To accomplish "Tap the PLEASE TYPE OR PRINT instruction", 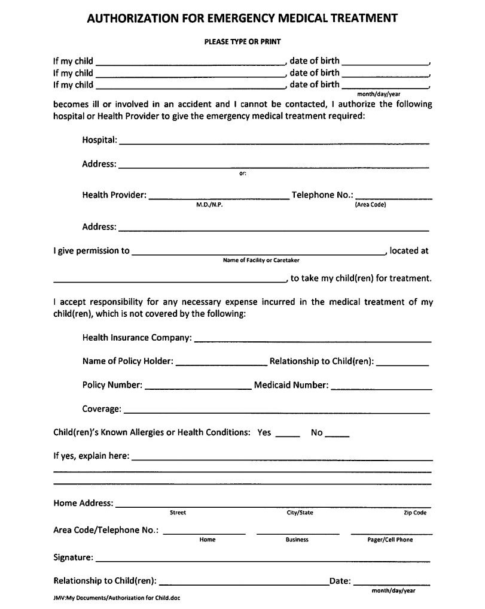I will click(x=242, y=42).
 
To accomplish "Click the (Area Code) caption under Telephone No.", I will click(x=370, y=205).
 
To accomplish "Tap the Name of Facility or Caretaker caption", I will click(x=261, y=260).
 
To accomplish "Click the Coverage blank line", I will click(x=276, y=411).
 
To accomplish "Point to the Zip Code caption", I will click(x=415, y=513).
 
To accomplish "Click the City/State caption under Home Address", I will click(x=300, y=513).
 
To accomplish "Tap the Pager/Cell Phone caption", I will click(x=390, y=540).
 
